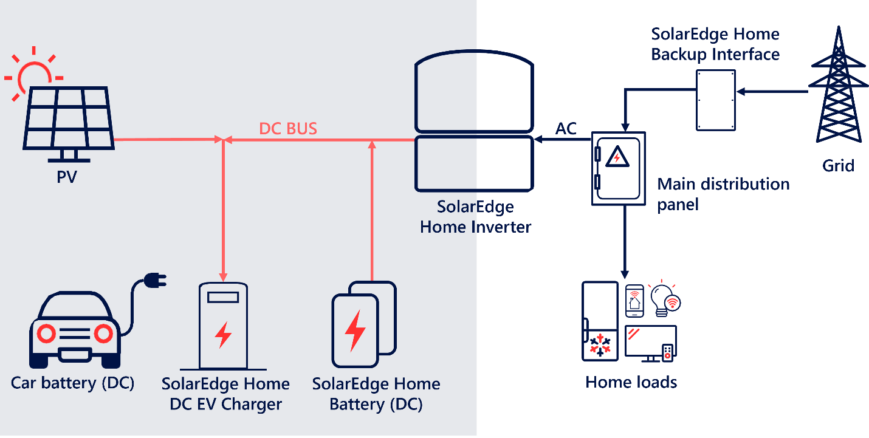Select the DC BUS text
(x=288, y=129)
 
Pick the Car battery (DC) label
(x=72, y=383)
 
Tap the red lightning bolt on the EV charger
(x=223, y=334)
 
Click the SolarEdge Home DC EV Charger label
(x=225, y=394)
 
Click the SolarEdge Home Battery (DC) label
(x=376, y=394)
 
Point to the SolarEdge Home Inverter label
(x=476, y=217)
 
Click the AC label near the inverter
(x=566, y=129)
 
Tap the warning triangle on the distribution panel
(x=617, y=157)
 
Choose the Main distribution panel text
(x=723, y=194)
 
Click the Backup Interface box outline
(x=716, y=100)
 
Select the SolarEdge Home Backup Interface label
(x=715, y=44)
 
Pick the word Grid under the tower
(x=839, y=165)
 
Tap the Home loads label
(x=631, y=382)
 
